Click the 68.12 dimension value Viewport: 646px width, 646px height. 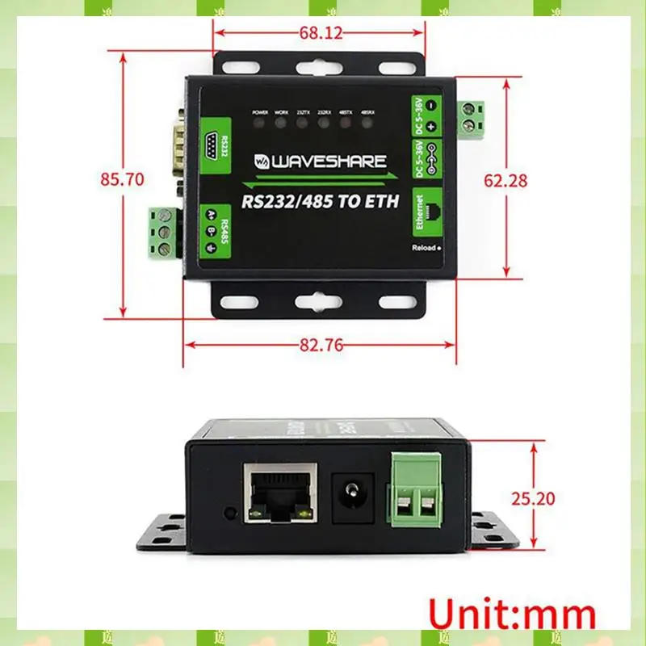(x=321, y=33)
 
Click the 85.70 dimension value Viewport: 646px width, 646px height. (x=122, y=179)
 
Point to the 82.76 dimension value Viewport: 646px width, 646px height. (x=321, y=345)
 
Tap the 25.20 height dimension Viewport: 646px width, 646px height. (x=534, y=498)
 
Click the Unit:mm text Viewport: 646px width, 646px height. (x=511, y=614)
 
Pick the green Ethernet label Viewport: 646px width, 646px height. (x=420, y=212)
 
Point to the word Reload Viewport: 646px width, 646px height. (x=422, y=248)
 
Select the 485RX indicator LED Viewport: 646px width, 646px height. (x=365, y=124)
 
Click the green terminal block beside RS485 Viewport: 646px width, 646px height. (x=165, y=233)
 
